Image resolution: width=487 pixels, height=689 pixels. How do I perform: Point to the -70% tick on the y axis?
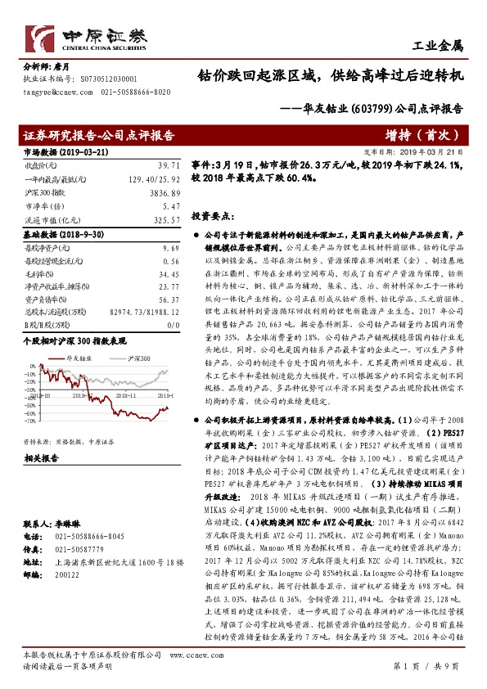29,421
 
